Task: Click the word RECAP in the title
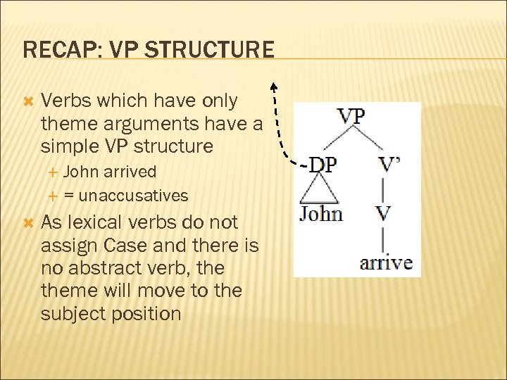tap(51, 50)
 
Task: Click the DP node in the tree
tap(323, 165)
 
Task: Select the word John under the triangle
tap(321, 213)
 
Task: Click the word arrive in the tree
tap(386, 264)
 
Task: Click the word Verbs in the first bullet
tap(68, 101)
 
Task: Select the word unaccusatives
tap(134, 195)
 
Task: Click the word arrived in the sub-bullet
tap(130, 171)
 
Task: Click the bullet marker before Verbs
tap(28, 101)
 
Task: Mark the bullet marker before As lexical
tap(28, 223)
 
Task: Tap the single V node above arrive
tap(383, 213)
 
